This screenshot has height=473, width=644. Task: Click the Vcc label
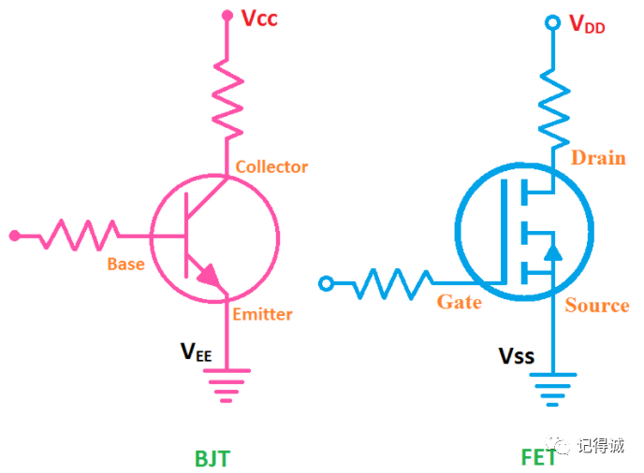click(x=258, y=19)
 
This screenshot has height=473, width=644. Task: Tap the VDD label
click(x=587, y=25)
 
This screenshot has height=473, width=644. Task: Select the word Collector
click(x=271, y=167)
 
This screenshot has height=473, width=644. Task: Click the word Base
click(x=125, y=265)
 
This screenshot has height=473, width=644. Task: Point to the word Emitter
click(x=262, y=314)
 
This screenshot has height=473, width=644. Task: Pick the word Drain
click(x=598, y=157)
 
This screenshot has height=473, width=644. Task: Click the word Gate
click(x=460, y=302)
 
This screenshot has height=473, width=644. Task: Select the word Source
click(x=597, y=306)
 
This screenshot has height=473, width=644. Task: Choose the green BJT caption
click(x=212, y=458)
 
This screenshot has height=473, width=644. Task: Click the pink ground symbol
click(x=227, y=384)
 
